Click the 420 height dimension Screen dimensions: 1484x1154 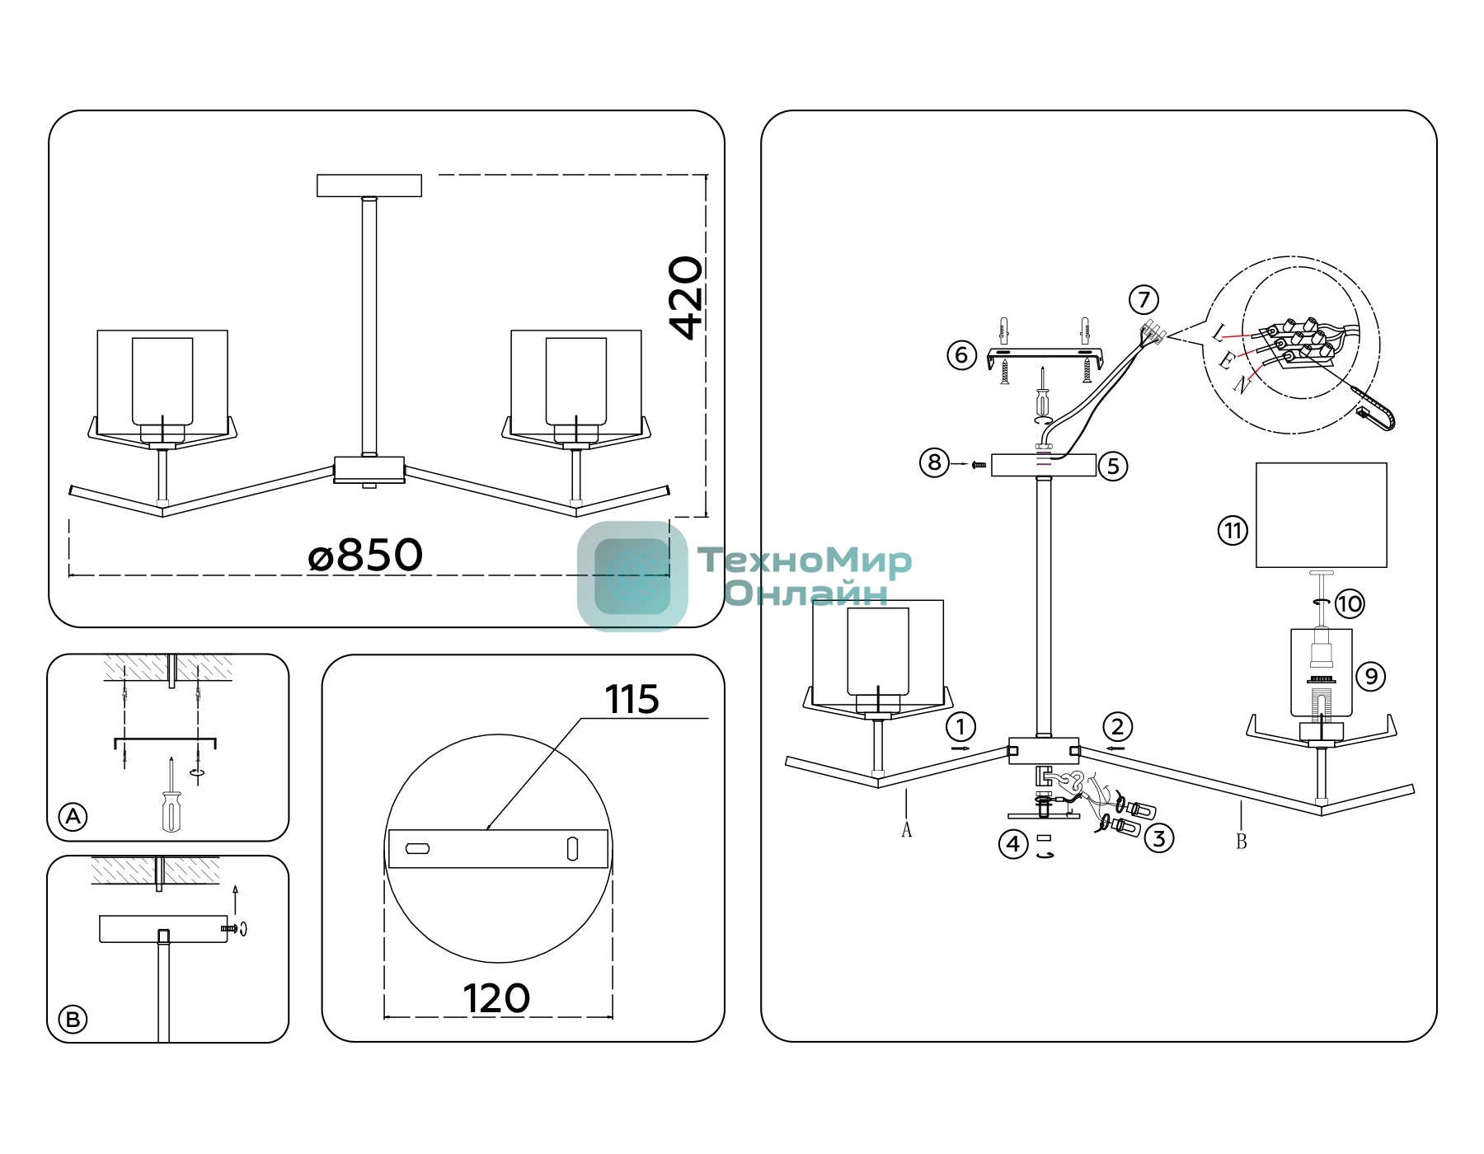click(x=686, y=298)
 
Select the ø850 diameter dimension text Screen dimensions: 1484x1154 click(x=365, y=555)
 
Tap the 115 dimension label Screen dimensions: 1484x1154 click(x=632, y=700)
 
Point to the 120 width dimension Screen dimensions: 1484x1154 click(x=496, y=998)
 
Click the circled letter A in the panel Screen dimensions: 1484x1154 click(x=73, y=817)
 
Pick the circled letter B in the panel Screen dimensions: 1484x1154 click(x=73, y=1020)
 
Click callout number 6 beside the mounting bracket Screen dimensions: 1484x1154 click(x=961, y=355)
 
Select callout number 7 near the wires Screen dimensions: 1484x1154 click(x=1144, y=299)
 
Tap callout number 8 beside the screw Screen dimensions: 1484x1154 click(x=934, y=462)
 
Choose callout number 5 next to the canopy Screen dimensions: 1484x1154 click(x=1113, y=467)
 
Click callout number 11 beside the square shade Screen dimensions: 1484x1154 click(x=1233, y=530)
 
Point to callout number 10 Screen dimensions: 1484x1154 click(x=1350, y=603)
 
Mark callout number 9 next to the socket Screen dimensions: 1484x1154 click(x=1371, y=677)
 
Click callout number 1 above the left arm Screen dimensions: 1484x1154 click(x=960, y=727)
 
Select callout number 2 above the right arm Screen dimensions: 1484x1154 click(x=1117, y=727)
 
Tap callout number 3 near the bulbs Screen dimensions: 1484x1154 click(x=1159, y=838)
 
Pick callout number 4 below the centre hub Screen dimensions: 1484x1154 click(x=1013, y=844)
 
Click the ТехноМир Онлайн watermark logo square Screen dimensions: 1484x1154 click(x=632, y=576)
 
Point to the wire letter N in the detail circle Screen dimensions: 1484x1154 click(x=1242, y=384)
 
